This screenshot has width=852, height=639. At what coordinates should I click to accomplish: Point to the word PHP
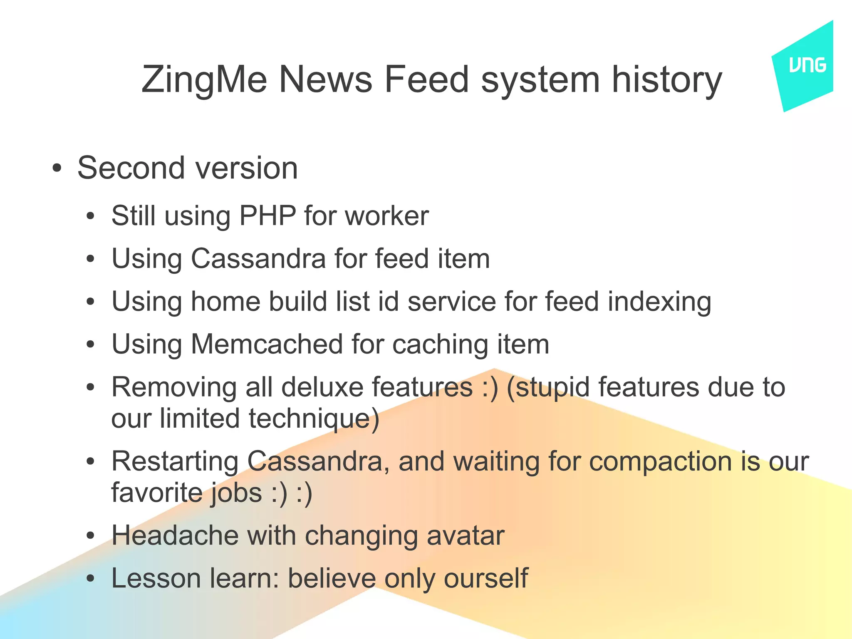pos(267,216)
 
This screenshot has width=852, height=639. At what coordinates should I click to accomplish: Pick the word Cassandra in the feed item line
pos(258,259)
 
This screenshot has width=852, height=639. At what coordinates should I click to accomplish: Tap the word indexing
pos(659,302)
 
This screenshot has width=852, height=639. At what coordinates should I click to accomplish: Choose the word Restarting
pos(175,462)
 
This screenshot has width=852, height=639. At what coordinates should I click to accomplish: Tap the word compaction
pos(661,462)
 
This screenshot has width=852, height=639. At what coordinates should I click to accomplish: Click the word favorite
pos(156,493)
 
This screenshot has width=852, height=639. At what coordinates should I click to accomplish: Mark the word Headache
pos(175,535)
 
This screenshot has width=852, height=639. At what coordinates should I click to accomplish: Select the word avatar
pos(466,536)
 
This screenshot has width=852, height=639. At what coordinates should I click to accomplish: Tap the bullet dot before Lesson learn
pos(91,579)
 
